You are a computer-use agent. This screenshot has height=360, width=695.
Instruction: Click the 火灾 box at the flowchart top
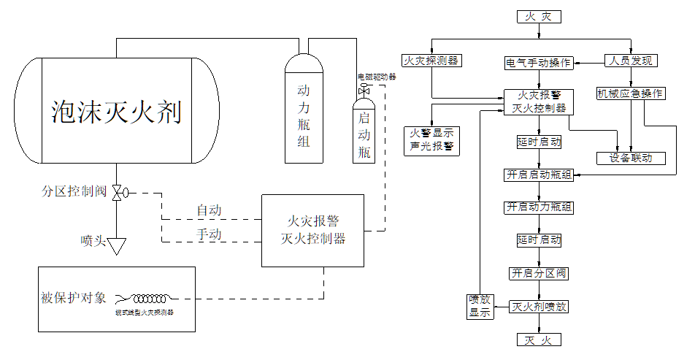click(x=539, y=16)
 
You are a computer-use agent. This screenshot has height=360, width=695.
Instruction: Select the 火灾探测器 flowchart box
click(x=431, y=61)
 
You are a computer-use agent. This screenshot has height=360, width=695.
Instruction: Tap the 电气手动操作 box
click(x=539, y=63)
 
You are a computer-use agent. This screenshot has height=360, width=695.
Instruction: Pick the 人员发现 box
click(x=632, y=61)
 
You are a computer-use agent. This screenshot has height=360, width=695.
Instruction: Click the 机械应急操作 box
click(x=631, y=93)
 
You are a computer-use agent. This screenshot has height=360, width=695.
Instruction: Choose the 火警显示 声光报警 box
click(x=431, y=139)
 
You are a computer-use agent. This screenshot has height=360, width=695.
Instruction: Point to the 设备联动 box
click(x=631, y=158)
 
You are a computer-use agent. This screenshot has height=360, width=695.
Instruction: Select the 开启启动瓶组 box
click(x=539, y=175)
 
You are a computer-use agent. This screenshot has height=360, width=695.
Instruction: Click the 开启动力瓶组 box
click(x=539, y=207)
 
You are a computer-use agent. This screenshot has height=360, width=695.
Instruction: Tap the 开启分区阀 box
click(x=539, y=273)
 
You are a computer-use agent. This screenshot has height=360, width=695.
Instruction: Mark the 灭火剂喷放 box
click(x=539, y=307)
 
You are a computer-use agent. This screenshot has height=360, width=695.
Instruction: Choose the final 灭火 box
click(x=539, y=340)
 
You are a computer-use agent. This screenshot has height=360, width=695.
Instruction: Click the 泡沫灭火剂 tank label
click(x=117, y=112)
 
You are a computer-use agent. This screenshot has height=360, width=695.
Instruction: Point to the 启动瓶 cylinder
click(x=364, y=131)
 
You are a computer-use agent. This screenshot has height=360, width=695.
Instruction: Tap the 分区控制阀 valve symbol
click(x=117, y=192)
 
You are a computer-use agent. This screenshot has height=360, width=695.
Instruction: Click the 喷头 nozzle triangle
click(x=117, y=245)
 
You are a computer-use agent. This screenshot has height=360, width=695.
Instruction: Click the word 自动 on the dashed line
click(x=209, y=210)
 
